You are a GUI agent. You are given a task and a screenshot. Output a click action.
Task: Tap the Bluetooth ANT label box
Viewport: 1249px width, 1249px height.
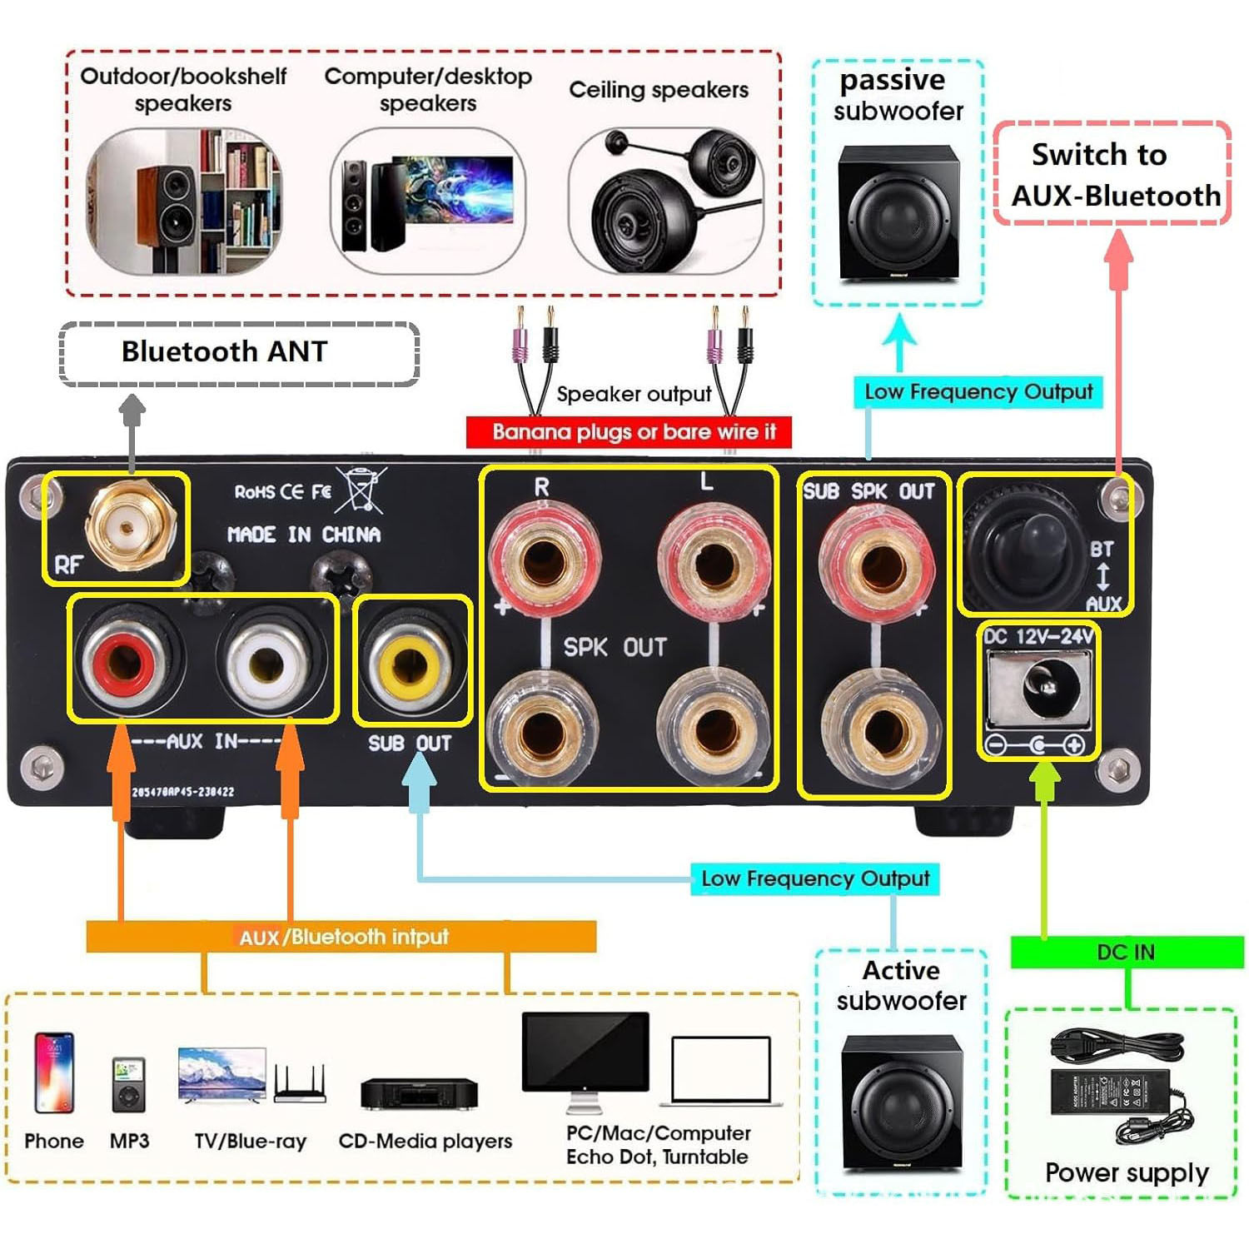(x=239, y=353)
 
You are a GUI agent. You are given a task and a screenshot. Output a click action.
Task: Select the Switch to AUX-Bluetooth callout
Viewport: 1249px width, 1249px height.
(x=1112, y=175)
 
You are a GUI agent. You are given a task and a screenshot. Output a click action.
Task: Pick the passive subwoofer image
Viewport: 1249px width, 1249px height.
(x=898, y=215)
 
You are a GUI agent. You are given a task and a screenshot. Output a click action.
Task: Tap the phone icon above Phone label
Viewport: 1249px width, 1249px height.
(x=54, y=1072)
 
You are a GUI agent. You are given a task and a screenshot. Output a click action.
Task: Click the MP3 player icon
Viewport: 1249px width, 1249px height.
(x=129, y=1085)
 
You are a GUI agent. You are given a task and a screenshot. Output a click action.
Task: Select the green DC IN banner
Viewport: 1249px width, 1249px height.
(x=1127, y=952)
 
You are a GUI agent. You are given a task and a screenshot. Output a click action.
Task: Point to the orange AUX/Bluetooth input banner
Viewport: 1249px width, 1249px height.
(x=341, y=937)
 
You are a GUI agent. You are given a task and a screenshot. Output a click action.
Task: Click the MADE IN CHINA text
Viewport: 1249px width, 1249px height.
(x=304, y=535)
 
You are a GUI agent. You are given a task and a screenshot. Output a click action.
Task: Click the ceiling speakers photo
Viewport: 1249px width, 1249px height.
(x=666, y=202)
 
